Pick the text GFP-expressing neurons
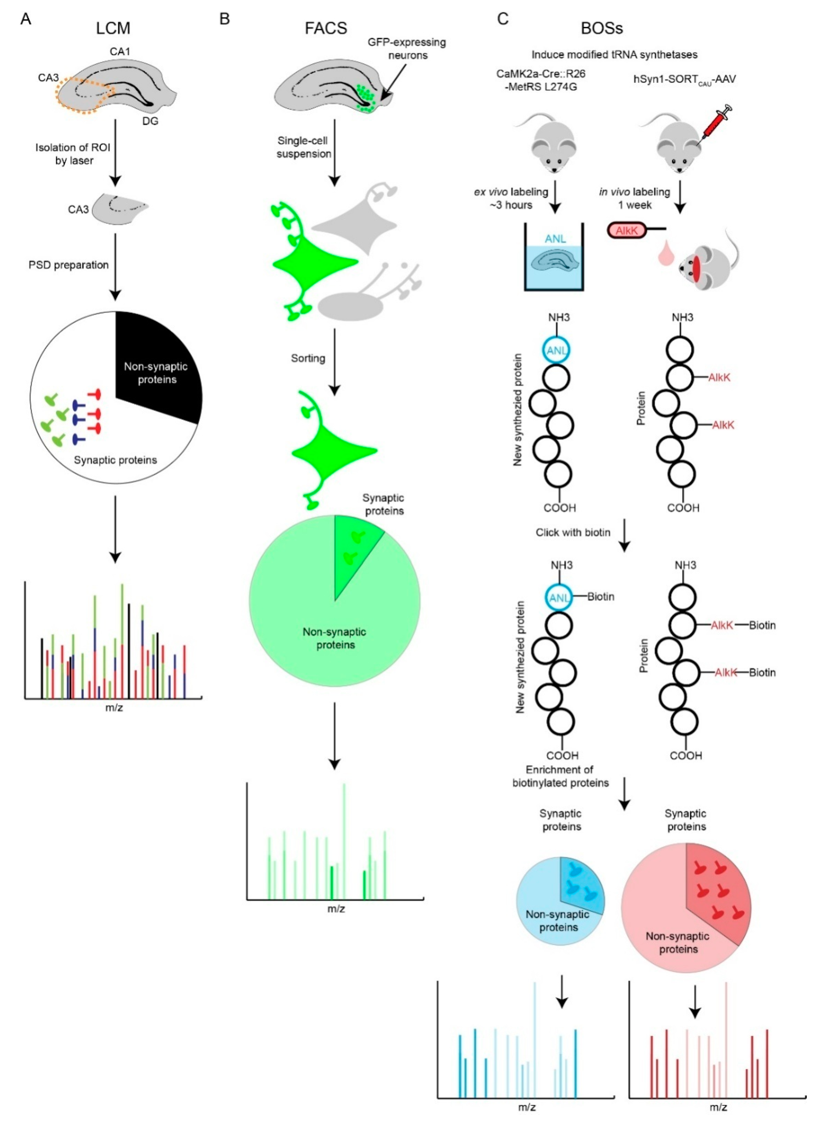[x=406, y=49]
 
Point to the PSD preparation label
[x=68, y=265]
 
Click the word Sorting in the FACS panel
[x=308, y=358]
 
